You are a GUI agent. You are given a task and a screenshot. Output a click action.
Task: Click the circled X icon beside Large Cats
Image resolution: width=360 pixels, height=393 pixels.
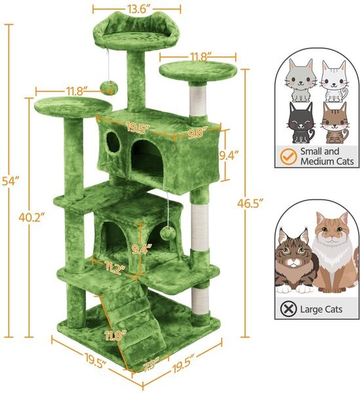coord(287,305)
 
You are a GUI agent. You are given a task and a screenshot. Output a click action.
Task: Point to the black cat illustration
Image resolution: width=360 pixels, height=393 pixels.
coord(301,124)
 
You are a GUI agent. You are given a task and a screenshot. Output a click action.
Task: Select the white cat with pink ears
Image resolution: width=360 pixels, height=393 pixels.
coord(334,81)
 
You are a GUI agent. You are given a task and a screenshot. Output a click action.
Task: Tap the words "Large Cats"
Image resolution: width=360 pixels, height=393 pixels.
coord(321,305)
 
